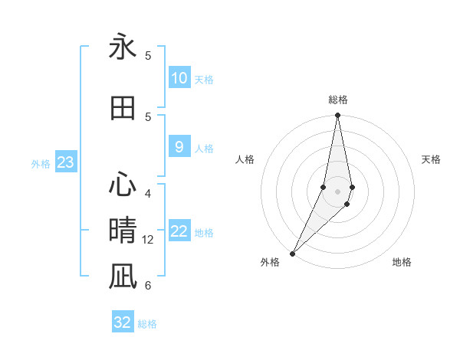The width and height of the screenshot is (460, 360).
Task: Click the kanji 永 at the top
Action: pos(123,47)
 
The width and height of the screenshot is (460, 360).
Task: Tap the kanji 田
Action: pos(123,108)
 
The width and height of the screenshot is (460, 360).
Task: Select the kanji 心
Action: pos(123,185)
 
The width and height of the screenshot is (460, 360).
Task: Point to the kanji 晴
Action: pos(123,231)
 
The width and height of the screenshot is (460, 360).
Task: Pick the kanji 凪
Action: pos(123,277)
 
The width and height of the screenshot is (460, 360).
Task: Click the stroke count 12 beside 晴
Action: pos(149,240)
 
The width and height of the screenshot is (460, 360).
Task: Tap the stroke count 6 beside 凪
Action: pos(148,286)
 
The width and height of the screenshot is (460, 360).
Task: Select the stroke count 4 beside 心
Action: pos(148,193)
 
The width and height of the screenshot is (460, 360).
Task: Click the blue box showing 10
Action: pos(179,78)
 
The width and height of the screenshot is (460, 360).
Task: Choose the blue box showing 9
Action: pos(179,147)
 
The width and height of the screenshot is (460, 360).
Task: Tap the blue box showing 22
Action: pos(179,231)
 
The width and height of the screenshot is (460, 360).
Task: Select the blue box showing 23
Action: pos(65,162)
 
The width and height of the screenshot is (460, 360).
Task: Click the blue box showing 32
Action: pos(123,322)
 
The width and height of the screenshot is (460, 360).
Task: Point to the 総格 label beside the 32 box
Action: pos(147,324)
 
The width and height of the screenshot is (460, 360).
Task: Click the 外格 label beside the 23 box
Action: pos(41,164)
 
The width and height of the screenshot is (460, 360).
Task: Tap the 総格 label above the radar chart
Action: pos(338,100)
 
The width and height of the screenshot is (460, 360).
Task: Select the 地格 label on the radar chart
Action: pos(402,263)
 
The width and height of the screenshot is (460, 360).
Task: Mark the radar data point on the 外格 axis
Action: pos(293,253)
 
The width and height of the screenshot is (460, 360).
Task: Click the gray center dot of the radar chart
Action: pos(338,191)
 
